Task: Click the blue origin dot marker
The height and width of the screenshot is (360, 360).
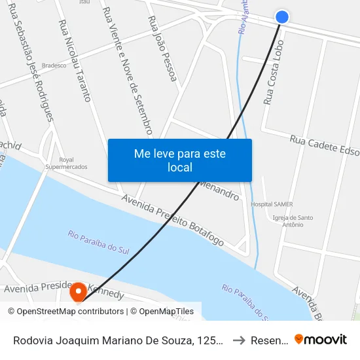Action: click(x=282, y=17)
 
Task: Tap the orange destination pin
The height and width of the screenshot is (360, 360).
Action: click(x=78, y=292)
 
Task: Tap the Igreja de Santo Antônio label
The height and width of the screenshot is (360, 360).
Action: click(x=293, y=221)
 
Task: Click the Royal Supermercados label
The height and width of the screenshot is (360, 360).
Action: click(x=66, y=163)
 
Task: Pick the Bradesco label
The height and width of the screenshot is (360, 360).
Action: click(x=54, y=65)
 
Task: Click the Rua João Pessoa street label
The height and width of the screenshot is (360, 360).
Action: click(x=163, y=49)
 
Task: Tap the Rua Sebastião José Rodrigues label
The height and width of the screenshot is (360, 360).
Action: click(x=31, y=67)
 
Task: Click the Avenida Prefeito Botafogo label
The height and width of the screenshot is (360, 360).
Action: click(x=173, y=222)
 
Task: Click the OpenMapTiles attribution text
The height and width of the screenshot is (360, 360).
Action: click(x=162, y=312)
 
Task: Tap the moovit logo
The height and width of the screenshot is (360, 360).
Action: click(x=321, y=340)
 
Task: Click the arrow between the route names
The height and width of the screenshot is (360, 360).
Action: click(x=240, y=340)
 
